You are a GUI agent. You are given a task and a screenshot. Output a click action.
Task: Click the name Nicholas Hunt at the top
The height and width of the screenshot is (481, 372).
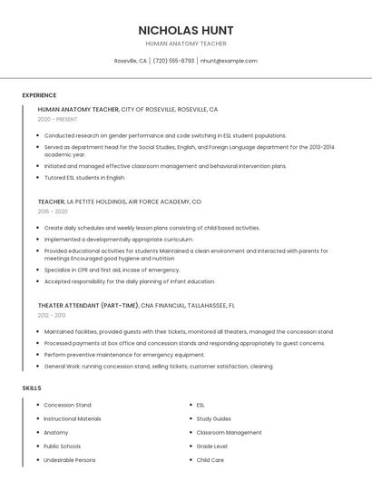(186, 30)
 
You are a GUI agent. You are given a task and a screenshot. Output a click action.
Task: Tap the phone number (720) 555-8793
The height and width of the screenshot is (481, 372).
(173, 61)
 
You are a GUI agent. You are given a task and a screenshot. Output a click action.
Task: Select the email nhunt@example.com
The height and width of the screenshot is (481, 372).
(229, 61)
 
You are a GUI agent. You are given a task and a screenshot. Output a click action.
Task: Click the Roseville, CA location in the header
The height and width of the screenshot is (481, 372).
(131, 61)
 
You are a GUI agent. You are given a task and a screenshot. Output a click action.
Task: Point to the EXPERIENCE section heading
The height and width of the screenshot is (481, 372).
(39, 95)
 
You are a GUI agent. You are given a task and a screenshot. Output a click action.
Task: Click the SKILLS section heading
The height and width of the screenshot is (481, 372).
(32, 388)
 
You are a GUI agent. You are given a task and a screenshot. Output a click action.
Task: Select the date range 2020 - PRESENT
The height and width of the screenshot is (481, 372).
(57, 119)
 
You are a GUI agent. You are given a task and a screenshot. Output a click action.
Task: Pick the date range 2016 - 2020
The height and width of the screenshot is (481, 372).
(53, 211)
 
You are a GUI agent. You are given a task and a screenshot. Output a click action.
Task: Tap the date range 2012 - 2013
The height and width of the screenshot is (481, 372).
(52, 315)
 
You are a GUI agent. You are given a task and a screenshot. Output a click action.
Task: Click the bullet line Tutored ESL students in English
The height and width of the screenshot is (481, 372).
(84, 178)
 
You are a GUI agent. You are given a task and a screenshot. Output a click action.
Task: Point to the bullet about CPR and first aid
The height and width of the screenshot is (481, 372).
(112, 270)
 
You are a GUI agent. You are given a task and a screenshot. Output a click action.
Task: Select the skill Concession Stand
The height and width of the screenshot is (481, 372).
(67, 405)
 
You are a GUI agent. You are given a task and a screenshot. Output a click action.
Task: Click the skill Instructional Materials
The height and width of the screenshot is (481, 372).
(73, 419)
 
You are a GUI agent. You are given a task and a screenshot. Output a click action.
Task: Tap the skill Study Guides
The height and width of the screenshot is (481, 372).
(214, 419)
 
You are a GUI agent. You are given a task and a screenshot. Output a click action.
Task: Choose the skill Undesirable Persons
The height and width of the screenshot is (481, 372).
(70, 460)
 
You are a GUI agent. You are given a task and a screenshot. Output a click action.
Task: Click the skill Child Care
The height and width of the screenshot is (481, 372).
(210, 460)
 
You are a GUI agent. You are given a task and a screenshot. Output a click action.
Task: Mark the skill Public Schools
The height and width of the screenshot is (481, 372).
(63, 447)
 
